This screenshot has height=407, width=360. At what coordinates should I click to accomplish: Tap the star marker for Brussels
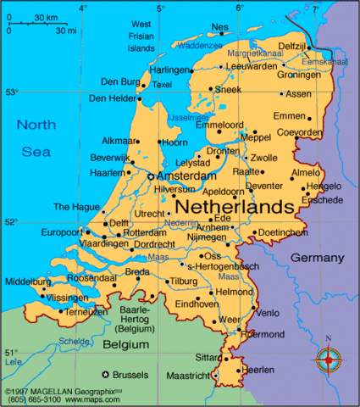(105, 374)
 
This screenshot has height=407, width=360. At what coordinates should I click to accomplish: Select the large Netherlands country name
(234, 206)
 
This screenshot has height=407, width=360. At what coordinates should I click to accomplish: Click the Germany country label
(318, 258)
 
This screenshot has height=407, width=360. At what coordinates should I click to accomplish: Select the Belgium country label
(126, 345)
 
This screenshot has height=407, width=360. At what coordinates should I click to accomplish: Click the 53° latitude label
(11, 92)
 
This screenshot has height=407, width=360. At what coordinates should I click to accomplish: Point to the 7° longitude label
(315, 8)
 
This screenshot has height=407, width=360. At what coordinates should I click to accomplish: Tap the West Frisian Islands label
(141, 36)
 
